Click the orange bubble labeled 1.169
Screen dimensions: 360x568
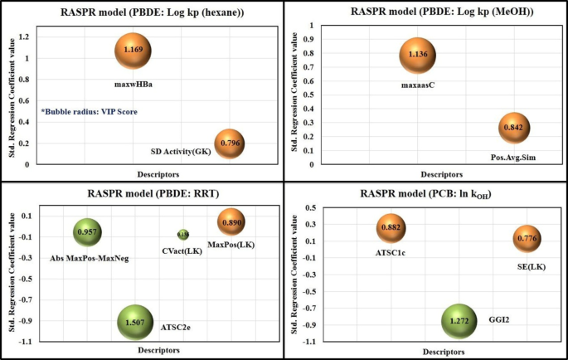coord(133,51)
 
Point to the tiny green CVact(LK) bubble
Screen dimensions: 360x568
coord(183,235)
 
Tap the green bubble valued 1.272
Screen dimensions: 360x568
coord(459,320)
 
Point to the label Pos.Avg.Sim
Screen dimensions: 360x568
coord(517,157)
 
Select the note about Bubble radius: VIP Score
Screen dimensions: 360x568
coord(89,111)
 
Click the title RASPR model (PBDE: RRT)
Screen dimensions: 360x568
coord(142,194)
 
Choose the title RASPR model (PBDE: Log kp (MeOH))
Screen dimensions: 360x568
coord(425,12)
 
